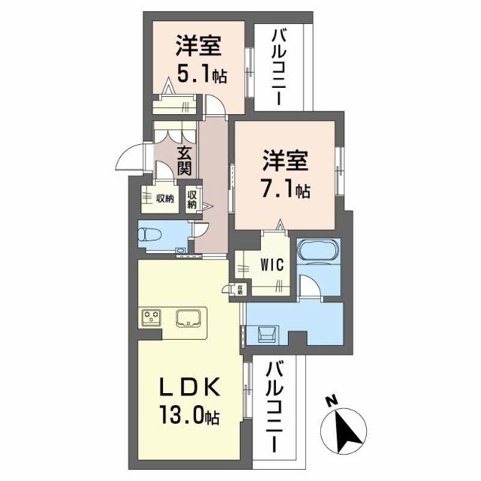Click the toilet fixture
150,235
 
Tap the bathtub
319,250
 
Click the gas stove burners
152,316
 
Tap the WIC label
272,265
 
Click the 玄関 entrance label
184,161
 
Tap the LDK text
189,387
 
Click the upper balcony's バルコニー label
279,67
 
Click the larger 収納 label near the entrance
165,198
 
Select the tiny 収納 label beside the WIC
240,289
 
